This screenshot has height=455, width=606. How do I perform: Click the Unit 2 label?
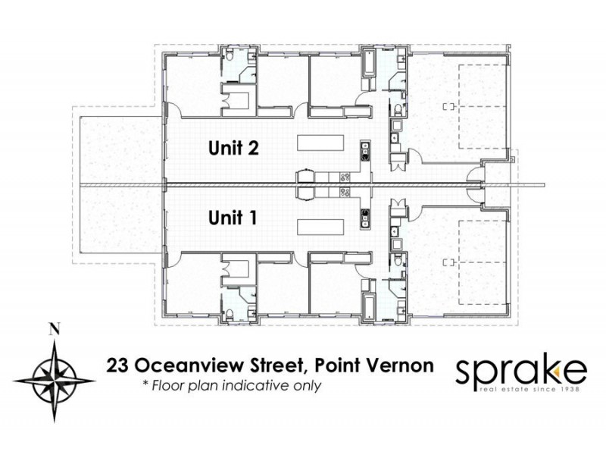(x=234, y=149)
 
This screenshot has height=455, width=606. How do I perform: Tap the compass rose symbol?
(x=53, y=372)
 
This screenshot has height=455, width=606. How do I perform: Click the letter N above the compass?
(x=53, y=329)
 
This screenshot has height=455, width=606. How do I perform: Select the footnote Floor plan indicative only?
(x=233, y=386)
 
